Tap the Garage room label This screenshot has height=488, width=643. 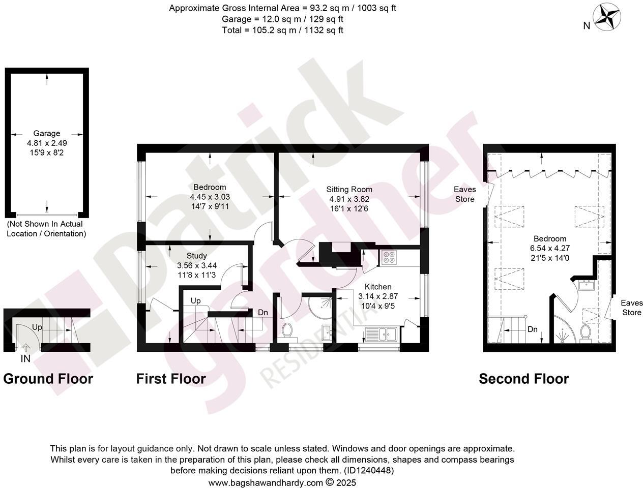coord(47,134)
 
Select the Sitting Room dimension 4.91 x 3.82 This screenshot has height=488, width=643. coord(349,199)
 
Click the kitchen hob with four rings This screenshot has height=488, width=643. coord(390,258)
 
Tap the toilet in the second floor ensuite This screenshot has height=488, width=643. coord(585,333)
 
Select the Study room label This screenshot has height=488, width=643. coord(196,256)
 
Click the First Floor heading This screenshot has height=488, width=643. coord(171,379)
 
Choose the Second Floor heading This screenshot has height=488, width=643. coord(523,379)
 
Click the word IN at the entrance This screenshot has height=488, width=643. coord(25,359)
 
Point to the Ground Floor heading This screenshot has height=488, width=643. coord(48,379)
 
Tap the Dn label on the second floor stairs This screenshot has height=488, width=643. coord(532,329)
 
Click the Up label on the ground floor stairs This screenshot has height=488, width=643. coord(37,327)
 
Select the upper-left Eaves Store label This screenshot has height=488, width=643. coord(464,194)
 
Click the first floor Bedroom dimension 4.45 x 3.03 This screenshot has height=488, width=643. coord(210,197)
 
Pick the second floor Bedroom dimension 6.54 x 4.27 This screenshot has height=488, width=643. coord(549,248)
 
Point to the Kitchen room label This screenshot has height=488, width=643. coord(377,287)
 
